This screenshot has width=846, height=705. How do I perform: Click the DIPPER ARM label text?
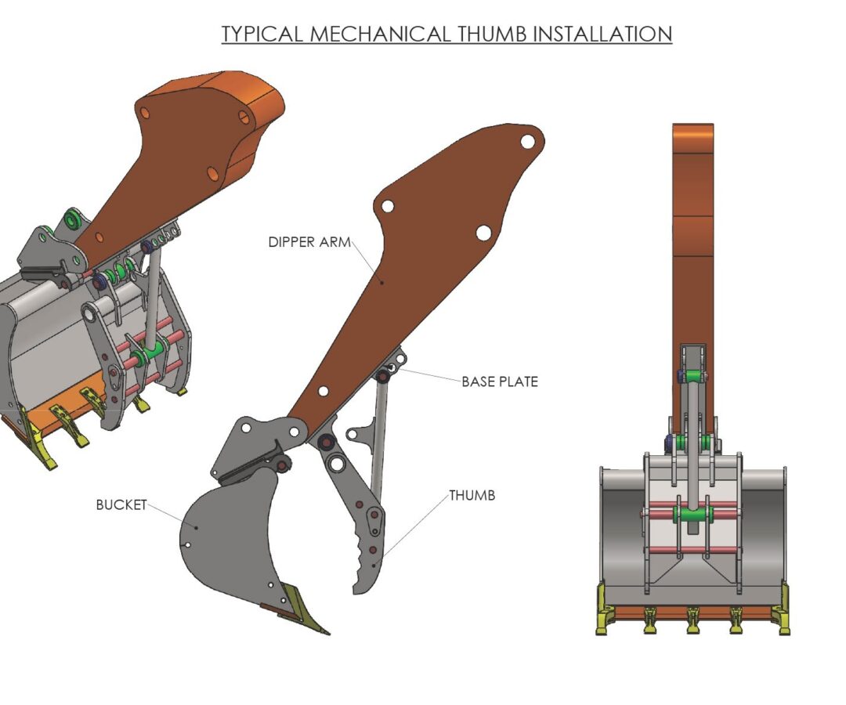tap(309, 242)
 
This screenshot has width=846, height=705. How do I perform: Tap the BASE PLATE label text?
tap(499, 381)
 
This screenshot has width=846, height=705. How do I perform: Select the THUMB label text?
tap(472, 495)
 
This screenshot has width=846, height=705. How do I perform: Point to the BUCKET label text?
tap(121, 504)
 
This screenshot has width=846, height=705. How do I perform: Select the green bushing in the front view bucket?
tap(692, 515)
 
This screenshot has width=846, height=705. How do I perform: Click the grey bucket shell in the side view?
tap(227, 540)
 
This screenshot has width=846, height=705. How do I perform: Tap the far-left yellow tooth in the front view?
tap(605, 618)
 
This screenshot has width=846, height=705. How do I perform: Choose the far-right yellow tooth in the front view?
tap(780, 618)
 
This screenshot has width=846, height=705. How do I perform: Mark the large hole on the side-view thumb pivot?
tap(337, 464)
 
